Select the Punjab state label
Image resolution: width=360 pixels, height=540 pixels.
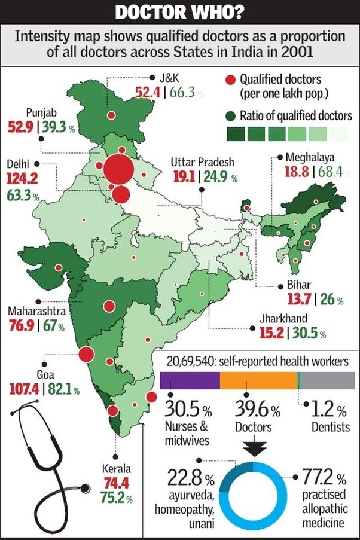(x=41, y=112)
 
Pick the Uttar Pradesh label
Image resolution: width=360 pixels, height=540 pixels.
(x=202, y=163)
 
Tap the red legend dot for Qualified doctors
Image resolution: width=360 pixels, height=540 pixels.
(x=230, y=79)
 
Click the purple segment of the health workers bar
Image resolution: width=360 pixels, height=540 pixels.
(x=190, y=379)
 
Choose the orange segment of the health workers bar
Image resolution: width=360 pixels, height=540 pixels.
(x=258, y=379)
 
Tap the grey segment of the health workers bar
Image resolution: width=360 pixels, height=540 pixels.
(x=328, y=379)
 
